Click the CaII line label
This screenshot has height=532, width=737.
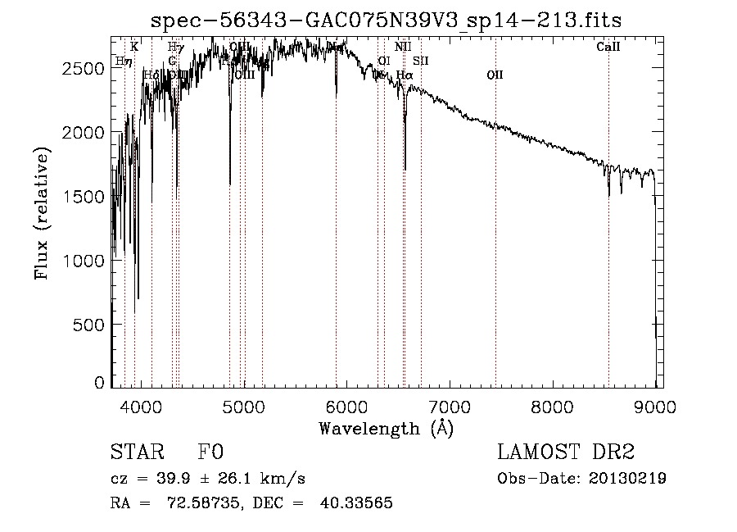pyautogui.click(x=608, y=47)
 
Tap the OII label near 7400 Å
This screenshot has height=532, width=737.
pyautogui.click(x=495, y=75)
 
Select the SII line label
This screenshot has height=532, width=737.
pyautogui.click(x=421, y=61)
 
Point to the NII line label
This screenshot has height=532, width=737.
pyautogui.click(x=403, y=47)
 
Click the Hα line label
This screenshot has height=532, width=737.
pyautogui.click(x=405, y=75)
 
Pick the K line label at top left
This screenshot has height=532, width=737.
pyautogui.click(x=134, y=47)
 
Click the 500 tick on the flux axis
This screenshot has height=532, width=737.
pyautogui.click(x=89, y=325)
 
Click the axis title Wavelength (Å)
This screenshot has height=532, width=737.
pyautogui.click(x=386, y=428)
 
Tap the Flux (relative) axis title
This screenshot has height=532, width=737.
pyautogui.click(x=43, y=215)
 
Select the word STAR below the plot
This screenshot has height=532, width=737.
pyautogui.click(x=137, y=452)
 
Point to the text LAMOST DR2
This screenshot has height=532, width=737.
pyautogui.click(x=566, y=452)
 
